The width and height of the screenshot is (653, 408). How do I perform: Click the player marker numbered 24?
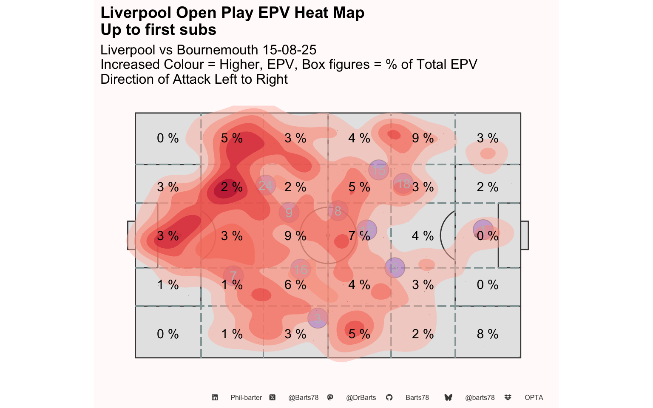pyautogui.click(x=266, y=185)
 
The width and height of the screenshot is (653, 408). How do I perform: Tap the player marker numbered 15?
pyautogui.click(x=378, y=170)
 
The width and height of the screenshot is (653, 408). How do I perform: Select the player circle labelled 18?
pyautogui.click(x=403, y=184)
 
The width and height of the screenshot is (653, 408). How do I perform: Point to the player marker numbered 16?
pyautogui.click(x=301, y=269)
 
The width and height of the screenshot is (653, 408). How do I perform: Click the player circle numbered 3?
pyautogui.click(x=318, y=318)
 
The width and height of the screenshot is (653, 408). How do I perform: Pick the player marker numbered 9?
pyautogui.click(x=289, y=212)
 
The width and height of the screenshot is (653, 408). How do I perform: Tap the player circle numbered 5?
pyautogui.click(x=395, y=268)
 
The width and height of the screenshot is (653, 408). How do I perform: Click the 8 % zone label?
pyautogui.click(x=487, y=334)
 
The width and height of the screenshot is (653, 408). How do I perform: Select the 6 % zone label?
pyautogui.click(x=295, y=285)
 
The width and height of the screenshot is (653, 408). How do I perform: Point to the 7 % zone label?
pyautogui.click(x=359, y=236)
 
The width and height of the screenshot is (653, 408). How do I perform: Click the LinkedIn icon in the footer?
pyautogui.click(x=215, y=397)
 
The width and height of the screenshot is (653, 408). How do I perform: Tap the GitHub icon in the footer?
pyautogui.click(x=389, y=397)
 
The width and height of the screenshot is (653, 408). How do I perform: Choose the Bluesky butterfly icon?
pyautogui.click(x=448, y=397)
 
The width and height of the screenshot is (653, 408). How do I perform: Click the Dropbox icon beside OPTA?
pyautogui.click(x=508, y=397)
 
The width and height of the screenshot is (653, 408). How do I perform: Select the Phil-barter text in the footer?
pyautogui.click(x=246, y=397)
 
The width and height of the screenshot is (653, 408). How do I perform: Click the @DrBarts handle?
pyautogui.click(x=361, y=397)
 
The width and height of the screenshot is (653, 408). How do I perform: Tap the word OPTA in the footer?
pyautogui.click(x=534, y=397)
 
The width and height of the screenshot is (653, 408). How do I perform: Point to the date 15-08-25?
pyautogui.click(x=289, y=50)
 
